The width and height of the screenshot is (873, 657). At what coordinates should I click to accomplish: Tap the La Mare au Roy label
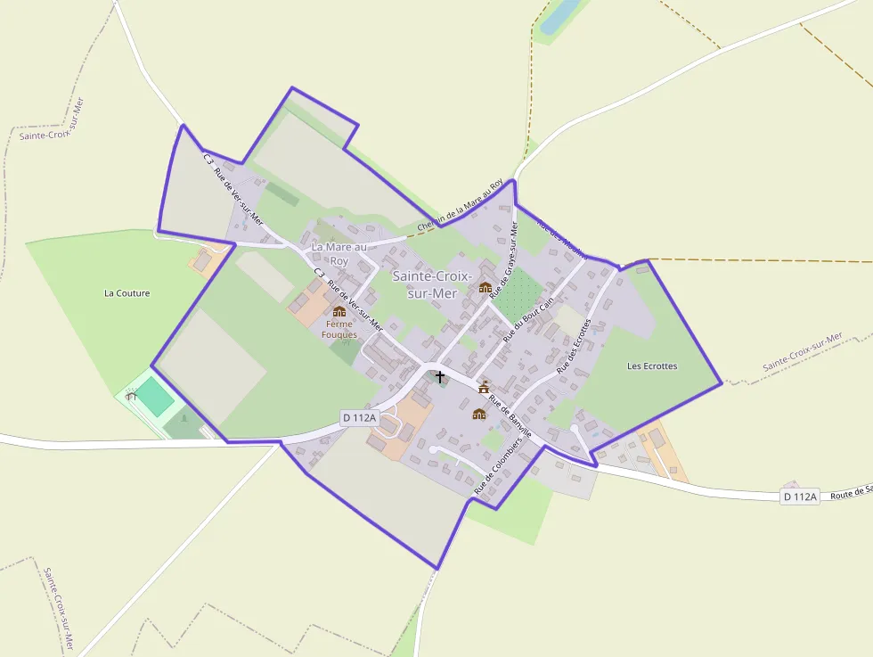click(x=339, y=254)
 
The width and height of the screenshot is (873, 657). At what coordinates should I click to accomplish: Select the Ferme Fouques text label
click(x=339, y=330)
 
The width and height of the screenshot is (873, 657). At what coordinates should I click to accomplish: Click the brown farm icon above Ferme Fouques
click(x=339, y=311)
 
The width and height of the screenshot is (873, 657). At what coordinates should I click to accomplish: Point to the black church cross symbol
click(x=439, y=377)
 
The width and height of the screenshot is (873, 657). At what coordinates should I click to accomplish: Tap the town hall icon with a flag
click(x=484, y=387)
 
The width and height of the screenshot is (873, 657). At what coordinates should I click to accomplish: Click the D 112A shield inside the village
click(x=360, y=417)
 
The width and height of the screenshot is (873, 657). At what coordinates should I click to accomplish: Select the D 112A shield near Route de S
click(x=799, y=497)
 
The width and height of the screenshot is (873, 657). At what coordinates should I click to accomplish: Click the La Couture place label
click(x=127, y=293)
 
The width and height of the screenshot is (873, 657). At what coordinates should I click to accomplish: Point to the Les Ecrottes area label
click(x=652, y=366)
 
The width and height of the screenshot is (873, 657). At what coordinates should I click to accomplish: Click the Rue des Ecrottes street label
click(x=574, y=346)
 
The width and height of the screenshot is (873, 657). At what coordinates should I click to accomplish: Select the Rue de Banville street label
click(x=510, y=417)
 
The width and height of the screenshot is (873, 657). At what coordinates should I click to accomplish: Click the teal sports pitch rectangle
click(x=155, y=397)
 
